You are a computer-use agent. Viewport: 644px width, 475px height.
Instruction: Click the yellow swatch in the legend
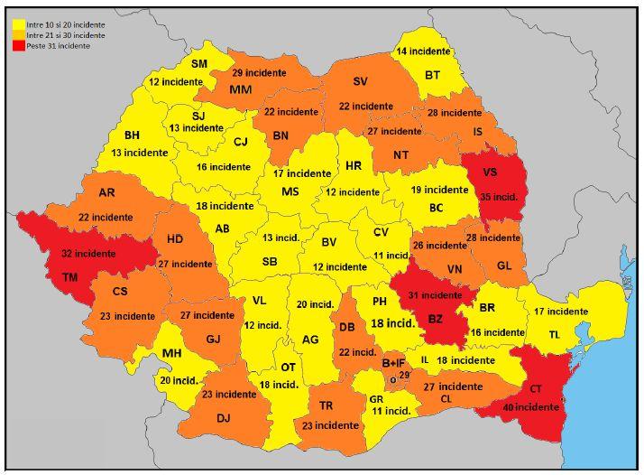click(x=17, y=23)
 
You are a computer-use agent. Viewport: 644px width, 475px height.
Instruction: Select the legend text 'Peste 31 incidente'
click(x=59, y=45)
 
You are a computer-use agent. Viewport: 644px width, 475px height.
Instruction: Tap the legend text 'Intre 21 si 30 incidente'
click(x=66, y=34)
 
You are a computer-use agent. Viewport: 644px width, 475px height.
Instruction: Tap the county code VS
click(x=491, y=172)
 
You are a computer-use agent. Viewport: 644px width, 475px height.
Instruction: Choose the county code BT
click(x=432, y=75)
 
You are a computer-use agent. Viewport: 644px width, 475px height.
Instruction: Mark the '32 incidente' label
click(x=88, y=254)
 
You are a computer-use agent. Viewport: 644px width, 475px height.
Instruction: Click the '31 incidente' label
click(x=436, y=295)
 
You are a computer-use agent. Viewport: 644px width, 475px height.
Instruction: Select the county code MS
click(x=290, y=191)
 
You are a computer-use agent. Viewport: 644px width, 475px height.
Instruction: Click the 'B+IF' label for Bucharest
click(x=393, y=362)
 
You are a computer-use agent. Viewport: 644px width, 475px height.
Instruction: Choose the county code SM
click(x=199, y=63)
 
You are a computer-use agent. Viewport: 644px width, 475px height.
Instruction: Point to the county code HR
click(x=353, y=166)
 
